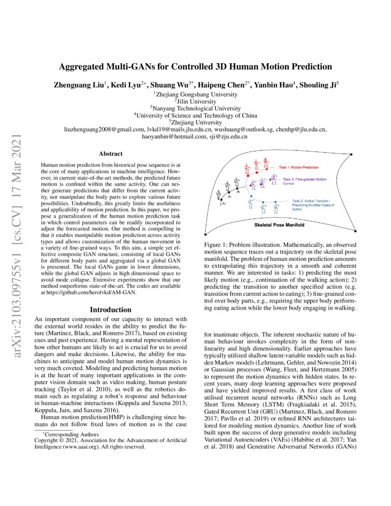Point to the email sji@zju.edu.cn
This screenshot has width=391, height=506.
[229, 137]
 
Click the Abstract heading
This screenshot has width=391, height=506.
[110, 154]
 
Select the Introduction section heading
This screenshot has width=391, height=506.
[110, 310]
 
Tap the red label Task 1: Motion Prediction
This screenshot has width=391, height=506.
[299, 167]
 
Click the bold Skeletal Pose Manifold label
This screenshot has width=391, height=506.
[280, 226]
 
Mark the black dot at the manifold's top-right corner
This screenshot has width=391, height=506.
[351, 154]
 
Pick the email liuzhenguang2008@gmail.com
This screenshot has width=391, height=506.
[104, 130]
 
